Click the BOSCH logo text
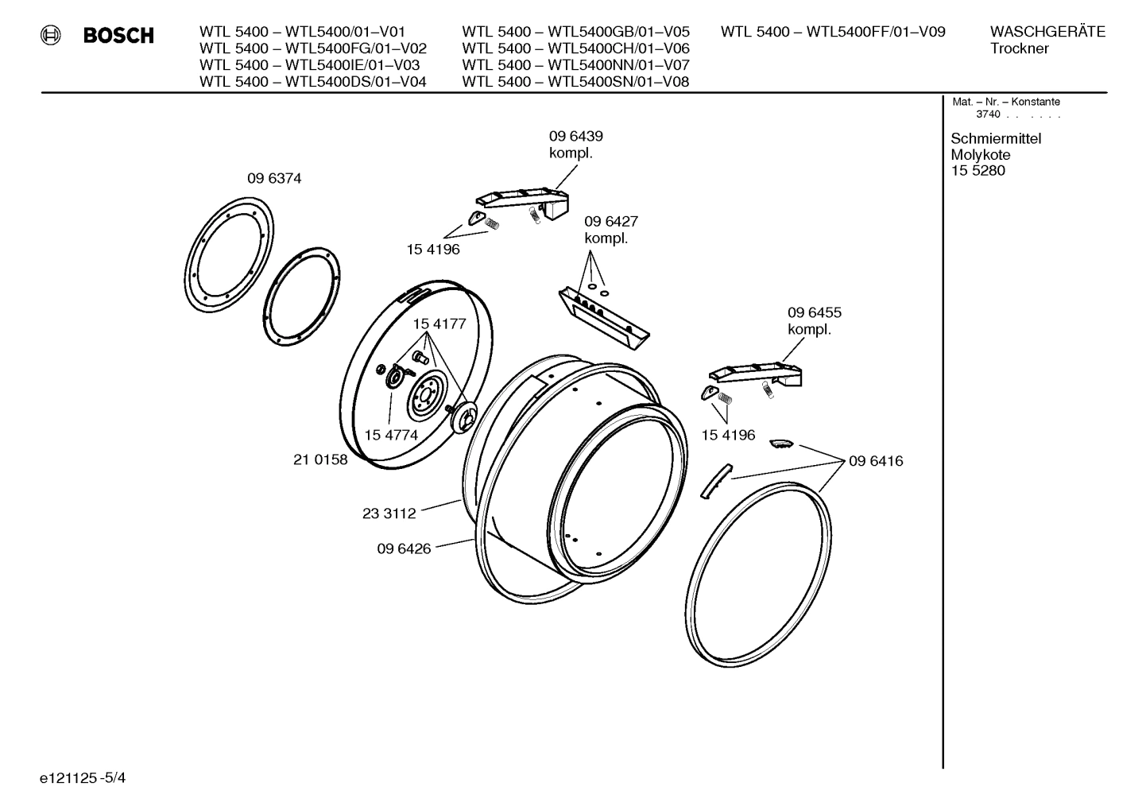coord(118,36)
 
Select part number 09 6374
coord(274,179)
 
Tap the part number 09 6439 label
coord(575,136)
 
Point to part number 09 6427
coord(610,221)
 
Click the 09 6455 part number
coord(814,312)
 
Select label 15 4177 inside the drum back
coord(439,324)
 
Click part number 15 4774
coord(391,435)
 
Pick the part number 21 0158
coord(320,459)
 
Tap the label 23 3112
coord(389,514)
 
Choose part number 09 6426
coord(404,548)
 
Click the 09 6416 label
coord(876,461)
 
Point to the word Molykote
coord(981,154)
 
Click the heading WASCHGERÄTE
coord(1047,32)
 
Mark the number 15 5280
coord(978,170)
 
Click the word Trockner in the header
coord(1019,48)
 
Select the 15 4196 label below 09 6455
coord(728,435)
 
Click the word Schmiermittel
coord(996,138)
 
